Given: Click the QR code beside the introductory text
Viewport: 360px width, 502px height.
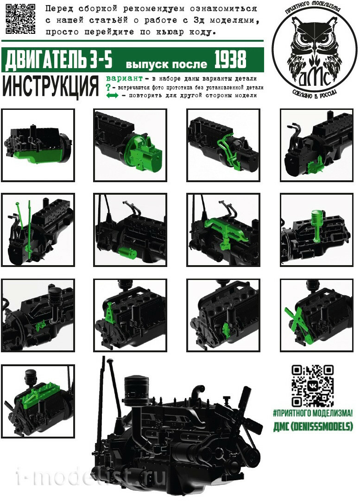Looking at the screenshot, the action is [20, 19].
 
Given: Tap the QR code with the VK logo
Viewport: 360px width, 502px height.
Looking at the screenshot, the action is [313, 386].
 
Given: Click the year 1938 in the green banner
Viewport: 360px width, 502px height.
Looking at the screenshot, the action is [230, 59].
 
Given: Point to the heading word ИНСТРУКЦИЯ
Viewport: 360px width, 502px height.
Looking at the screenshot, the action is [51, 86].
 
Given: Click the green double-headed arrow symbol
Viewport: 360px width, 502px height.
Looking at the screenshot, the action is [112, 95].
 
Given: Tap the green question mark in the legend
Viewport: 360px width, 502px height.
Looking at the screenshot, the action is [108, 87].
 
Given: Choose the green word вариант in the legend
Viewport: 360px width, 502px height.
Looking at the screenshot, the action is [124, 78].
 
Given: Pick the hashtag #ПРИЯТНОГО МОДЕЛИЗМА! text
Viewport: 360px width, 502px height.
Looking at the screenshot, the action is [313, 413].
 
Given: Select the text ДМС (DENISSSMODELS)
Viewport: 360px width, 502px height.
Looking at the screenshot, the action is [313, 426].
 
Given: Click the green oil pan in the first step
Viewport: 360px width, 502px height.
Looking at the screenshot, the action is [36, 156].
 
